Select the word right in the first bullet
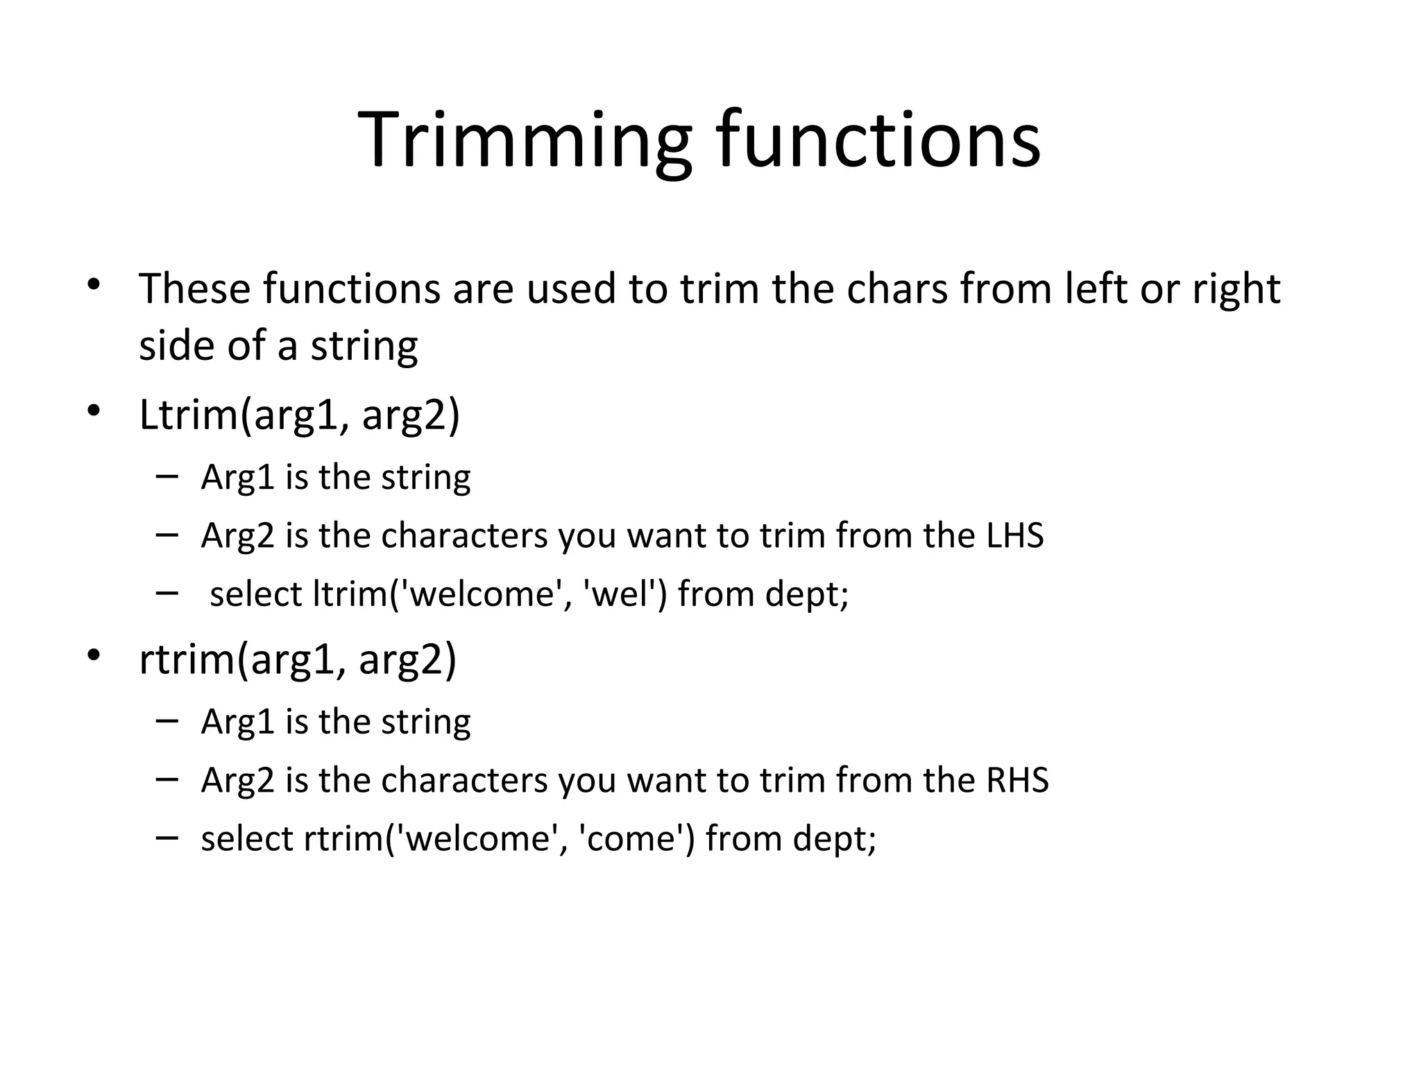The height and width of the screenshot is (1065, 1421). tap(1236, 290)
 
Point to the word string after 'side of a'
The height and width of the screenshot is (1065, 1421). tap(364, 346)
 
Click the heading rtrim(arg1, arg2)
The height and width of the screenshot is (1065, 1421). tap(298, 659)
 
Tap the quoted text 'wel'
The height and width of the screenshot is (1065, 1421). tap(621, 594)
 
